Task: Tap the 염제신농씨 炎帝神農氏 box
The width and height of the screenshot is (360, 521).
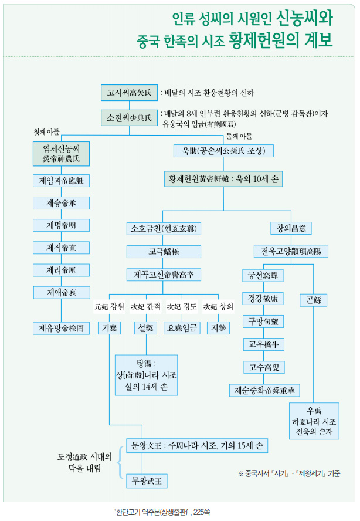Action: [61, 153]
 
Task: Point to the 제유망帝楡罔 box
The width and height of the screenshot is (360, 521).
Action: [61, 327]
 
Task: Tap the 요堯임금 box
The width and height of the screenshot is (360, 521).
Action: [182, 327]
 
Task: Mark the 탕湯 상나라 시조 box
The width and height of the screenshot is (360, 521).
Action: [146, 374]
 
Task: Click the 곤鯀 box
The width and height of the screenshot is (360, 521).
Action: [313, 300]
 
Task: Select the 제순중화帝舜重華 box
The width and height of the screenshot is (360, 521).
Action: [264, 390]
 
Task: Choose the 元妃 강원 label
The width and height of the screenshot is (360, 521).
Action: [109, 306]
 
